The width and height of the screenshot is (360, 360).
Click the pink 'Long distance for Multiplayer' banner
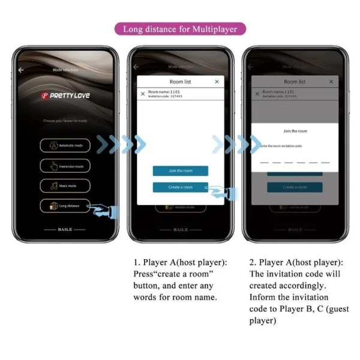click(180, 28)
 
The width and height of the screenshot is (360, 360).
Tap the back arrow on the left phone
click(22, 70)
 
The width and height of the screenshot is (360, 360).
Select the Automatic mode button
click(65, 145)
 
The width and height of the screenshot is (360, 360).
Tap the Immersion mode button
click(65, 166)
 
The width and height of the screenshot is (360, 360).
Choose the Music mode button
click(65, 186)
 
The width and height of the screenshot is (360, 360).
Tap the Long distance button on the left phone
click(65, 206)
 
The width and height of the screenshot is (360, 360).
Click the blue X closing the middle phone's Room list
click(217, 81)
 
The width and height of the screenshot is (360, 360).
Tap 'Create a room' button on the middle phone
click(181, 187)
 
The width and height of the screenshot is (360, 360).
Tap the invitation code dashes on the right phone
click(295, 162)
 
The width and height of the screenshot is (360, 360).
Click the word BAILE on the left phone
click(65, 229)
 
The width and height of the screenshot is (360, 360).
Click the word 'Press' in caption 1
click(145, 274)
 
